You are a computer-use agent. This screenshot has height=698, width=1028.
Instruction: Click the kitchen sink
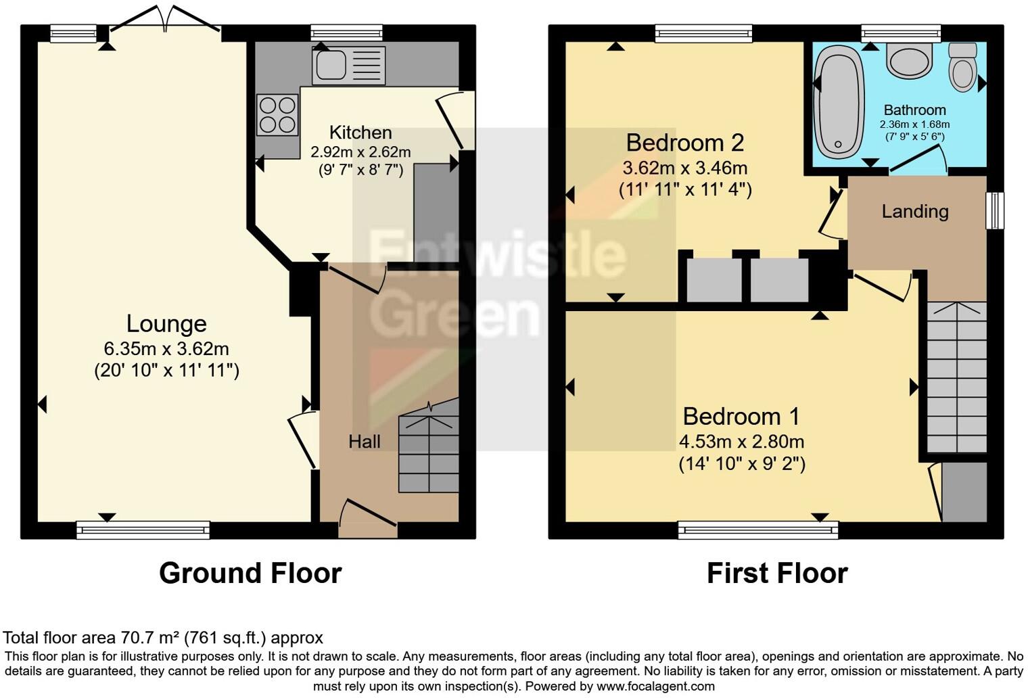coord(348,66)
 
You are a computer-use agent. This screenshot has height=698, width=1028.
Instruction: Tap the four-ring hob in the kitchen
coord(277,115)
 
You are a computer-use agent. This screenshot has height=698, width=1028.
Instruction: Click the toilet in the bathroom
coord(962,67)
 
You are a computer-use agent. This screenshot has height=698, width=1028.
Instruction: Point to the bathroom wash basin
coord(910,61)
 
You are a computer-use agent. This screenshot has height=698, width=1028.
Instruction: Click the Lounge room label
coord(166,324)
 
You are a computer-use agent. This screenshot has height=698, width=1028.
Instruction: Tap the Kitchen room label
coord(360,133)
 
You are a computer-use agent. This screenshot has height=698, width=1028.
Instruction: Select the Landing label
coord(914,212)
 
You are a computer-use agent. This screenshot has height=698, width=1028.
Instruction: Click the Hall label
coord(364,442)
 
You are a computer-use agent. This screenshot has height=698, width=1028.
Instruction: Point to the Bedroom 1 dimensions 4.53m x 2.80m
coord(741,442)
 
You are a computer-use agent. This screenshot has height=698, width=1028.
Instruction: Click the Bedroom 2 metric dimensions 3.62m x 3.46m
coord(684,168)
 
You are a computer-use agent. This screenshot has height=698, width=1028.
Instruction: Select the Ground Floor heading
coord(250,573)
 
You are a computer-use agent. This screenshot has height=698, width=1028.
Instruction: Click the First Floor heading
coord(776,573)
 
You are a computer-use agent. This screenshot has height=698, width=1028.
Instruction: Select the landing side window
coord(994,210)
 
